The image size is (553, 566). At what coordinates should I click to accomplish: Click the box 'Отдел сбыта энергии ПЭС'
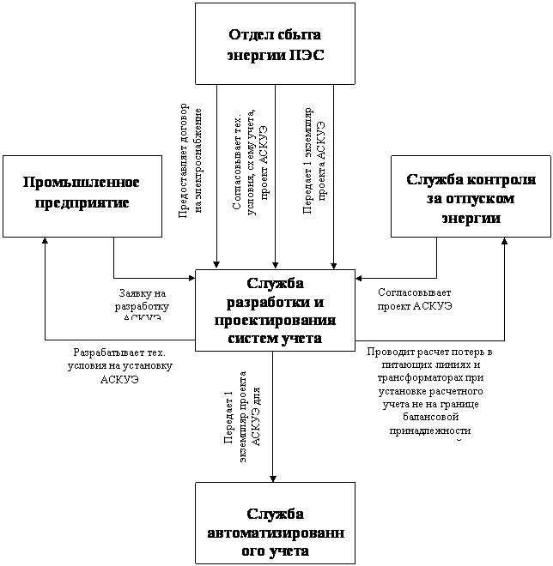pyautogui.click(x=275, y=44)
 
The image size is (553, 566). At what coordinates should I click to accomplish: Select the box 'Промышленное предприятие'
pyautogui.click(x=82, y=196)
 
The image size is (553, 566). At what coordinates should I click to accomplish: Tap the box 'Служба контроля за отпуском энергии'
pyautogui.click(x=471, y=196)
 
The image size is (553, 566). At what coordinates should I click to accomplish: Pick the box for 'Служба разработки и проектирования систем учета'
pyautogui.click(x=275, y=310)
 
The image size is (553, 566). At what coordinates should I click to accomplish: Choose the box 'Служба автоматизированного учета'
pyautogui.click(x=275, y=523)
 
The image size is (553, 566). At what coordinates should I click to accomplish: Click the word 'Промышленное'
pyautogui.click(x=82, y=183)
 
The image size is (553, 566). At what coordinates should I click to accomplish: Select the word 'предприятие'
pyautogui.click(x=82, y=203)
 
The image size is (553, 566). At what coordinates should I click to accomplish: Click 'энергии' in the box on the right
pyautogui.click(x=471, y=218)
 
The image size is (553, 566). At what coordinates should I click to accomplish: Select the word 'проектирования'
pyautogui.click(x=275, y=321)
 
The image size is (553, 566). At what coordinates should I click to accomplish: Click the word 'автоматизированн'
pyautogui.click(x=275, y=533)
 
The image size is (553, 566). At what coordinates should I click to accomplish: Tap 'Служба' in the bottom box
pyautogui.click(x=275, y=515)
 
